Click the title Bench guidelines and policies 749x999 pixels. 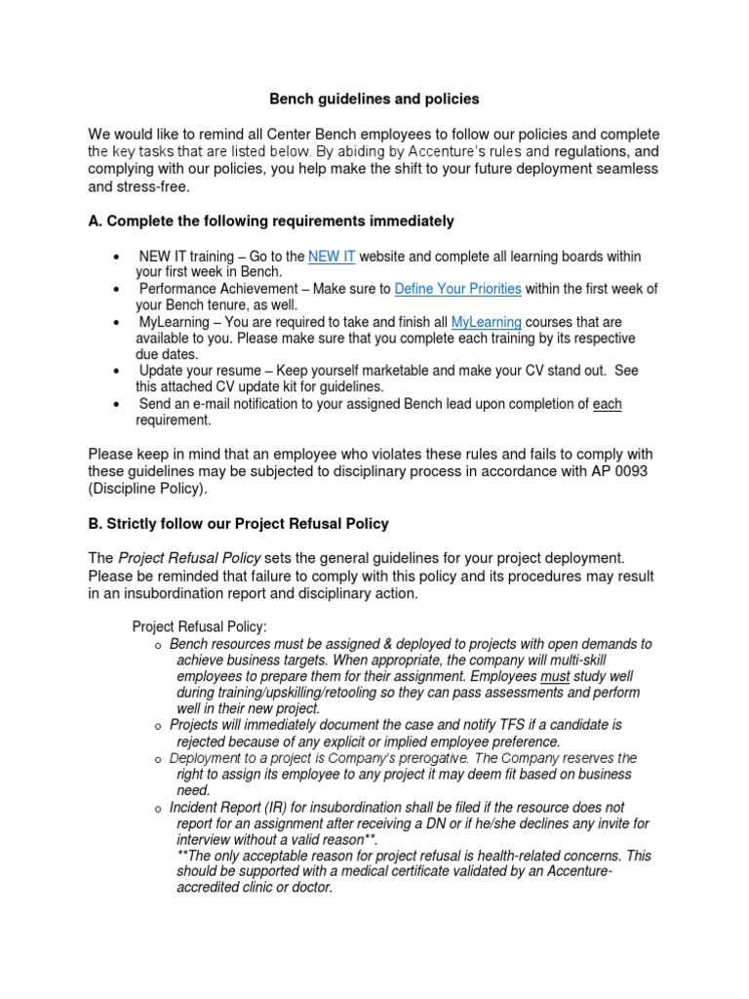(x=374, y=99)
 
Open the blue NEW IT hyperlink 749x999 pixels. (x=332, y=257)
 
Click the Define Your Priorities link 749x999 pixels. (x=457, y=289)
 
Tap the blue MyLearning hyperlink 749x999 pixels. (x=486, y=322)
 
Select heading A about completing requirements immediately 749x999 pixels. (x=271, y=221)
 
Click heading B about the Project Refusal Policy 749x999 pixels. (x=238, y=524)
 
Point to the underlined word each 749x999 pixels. (x=607, y=404)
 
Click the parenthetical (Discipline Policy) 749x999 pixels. (x=148, y=489)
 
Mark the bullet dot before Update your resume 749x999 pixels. (x=117, y=372)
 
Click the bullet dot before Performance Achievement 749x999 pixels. (x=117, y=290)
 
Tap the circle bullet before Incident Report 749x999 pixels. (x=157, y=809)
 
